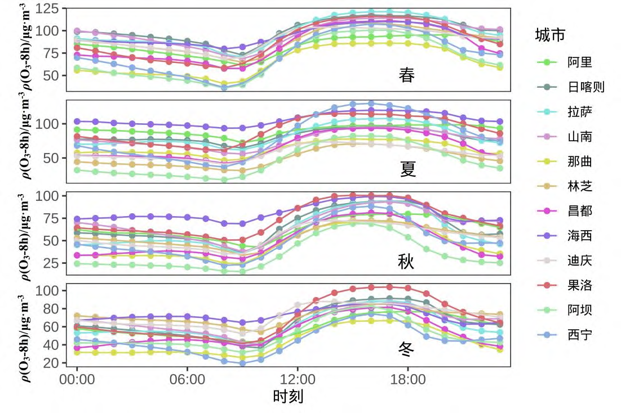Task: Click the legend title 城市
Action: [x=550, y=35]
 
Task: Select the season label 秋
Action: [x=406, y=261]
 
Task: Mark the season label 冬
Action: [x=406, y=350]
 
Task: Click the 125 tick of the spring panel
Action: [x=50, y=9]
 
